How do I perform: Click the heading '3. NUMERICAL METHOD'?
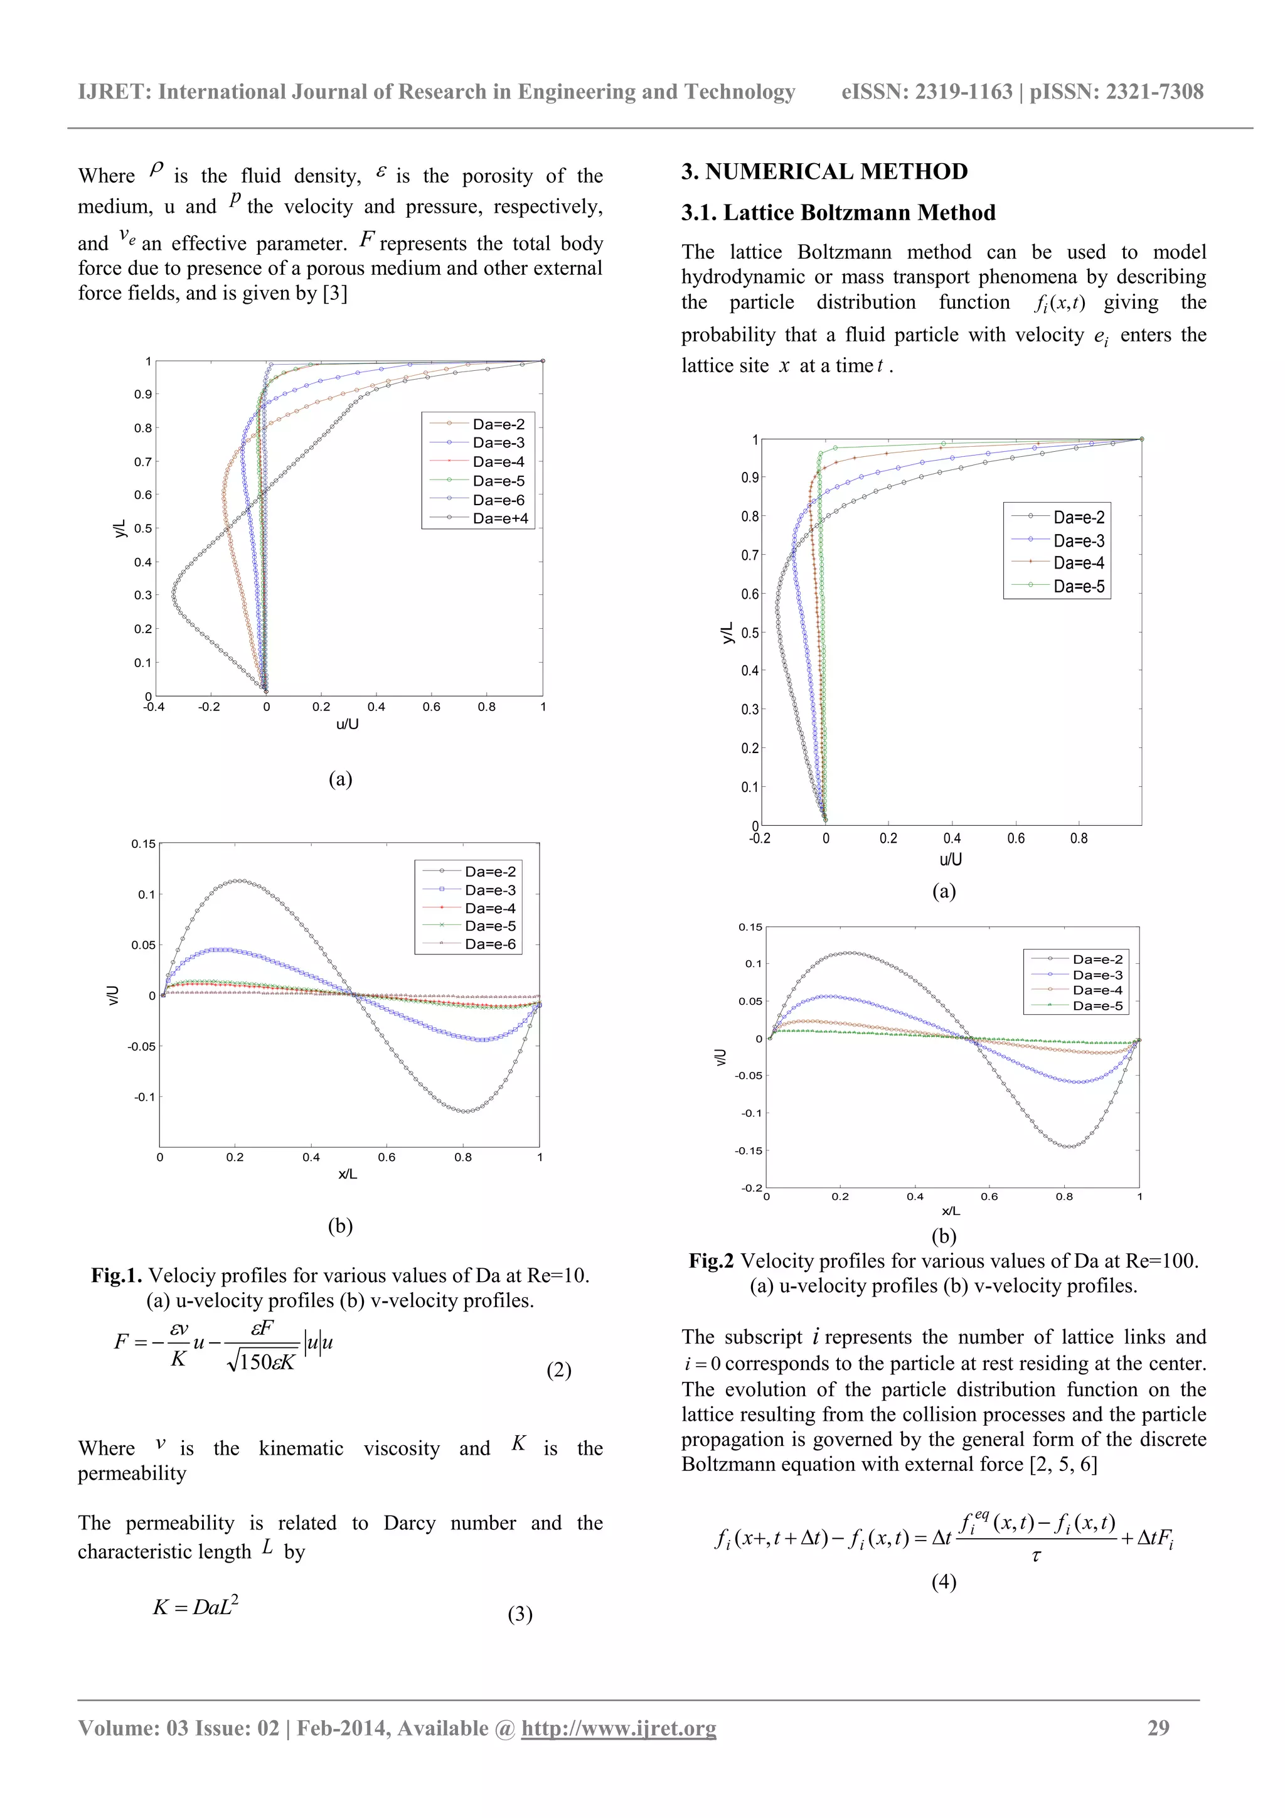(x=824, y=172)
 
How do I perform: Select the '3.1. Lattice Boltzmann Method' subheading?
(x=838, y=213)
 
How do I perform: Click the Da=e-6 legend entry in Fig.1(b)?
(x=490, y=944)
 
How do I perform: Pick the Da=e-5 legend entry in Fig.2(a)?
(x=1079, y=587)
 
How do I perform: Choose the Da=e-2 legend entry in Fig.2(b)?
(x=1097, y=959)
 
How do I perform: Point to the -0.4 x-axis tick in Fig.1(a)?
(x=154, y=707)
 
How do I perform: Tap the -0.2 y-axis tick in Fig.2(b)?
(x=752, y=1188)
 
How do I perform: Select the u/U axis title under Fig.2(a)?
(x=950, y=859)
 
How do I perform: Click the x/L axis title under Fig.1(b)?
(x=348, y=1174)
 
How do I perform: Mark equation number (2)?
(x=558, y=1371)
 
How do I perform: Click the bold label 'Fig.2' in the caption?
(x=711, y=1261)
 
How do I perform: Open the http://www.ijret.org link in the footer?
(x=619, y=1728)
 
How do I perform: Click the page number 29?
(x=1158, y=1728)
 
